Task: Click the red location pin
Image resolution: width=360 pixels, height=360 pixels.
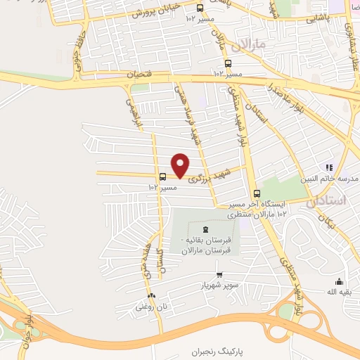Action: pos(181,165)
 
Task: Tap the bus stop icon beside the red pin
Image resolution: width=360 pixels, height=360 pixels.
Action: pos(163,177)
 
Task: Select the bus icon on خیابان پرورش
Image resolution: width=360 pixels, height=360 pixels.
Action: pos(200,8)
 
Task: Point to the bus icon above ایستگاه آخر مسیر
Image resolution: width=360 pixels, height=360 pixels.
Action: pos(256,193)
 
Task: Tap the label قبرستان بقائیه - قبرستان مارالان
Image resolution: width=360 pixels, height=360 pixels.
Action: pos(208,245)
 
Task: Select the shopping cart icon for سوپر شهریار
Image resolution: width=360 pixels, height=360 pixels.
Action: pos(219,275)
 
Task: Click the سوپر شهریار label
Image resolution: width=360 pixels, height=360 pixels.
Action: pos(219,285)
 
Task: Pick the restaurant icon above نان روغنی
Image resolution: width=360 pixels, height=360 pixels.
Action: pos(152,296)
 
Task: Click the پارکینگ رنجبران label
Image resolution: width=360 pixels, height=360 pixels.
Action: pos(219,349)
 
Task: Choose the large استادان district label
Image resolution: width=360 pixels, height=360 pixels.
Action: pos(328,201)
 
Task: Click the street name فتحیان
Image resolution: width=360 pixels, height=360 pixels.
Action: pos(139,73)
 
